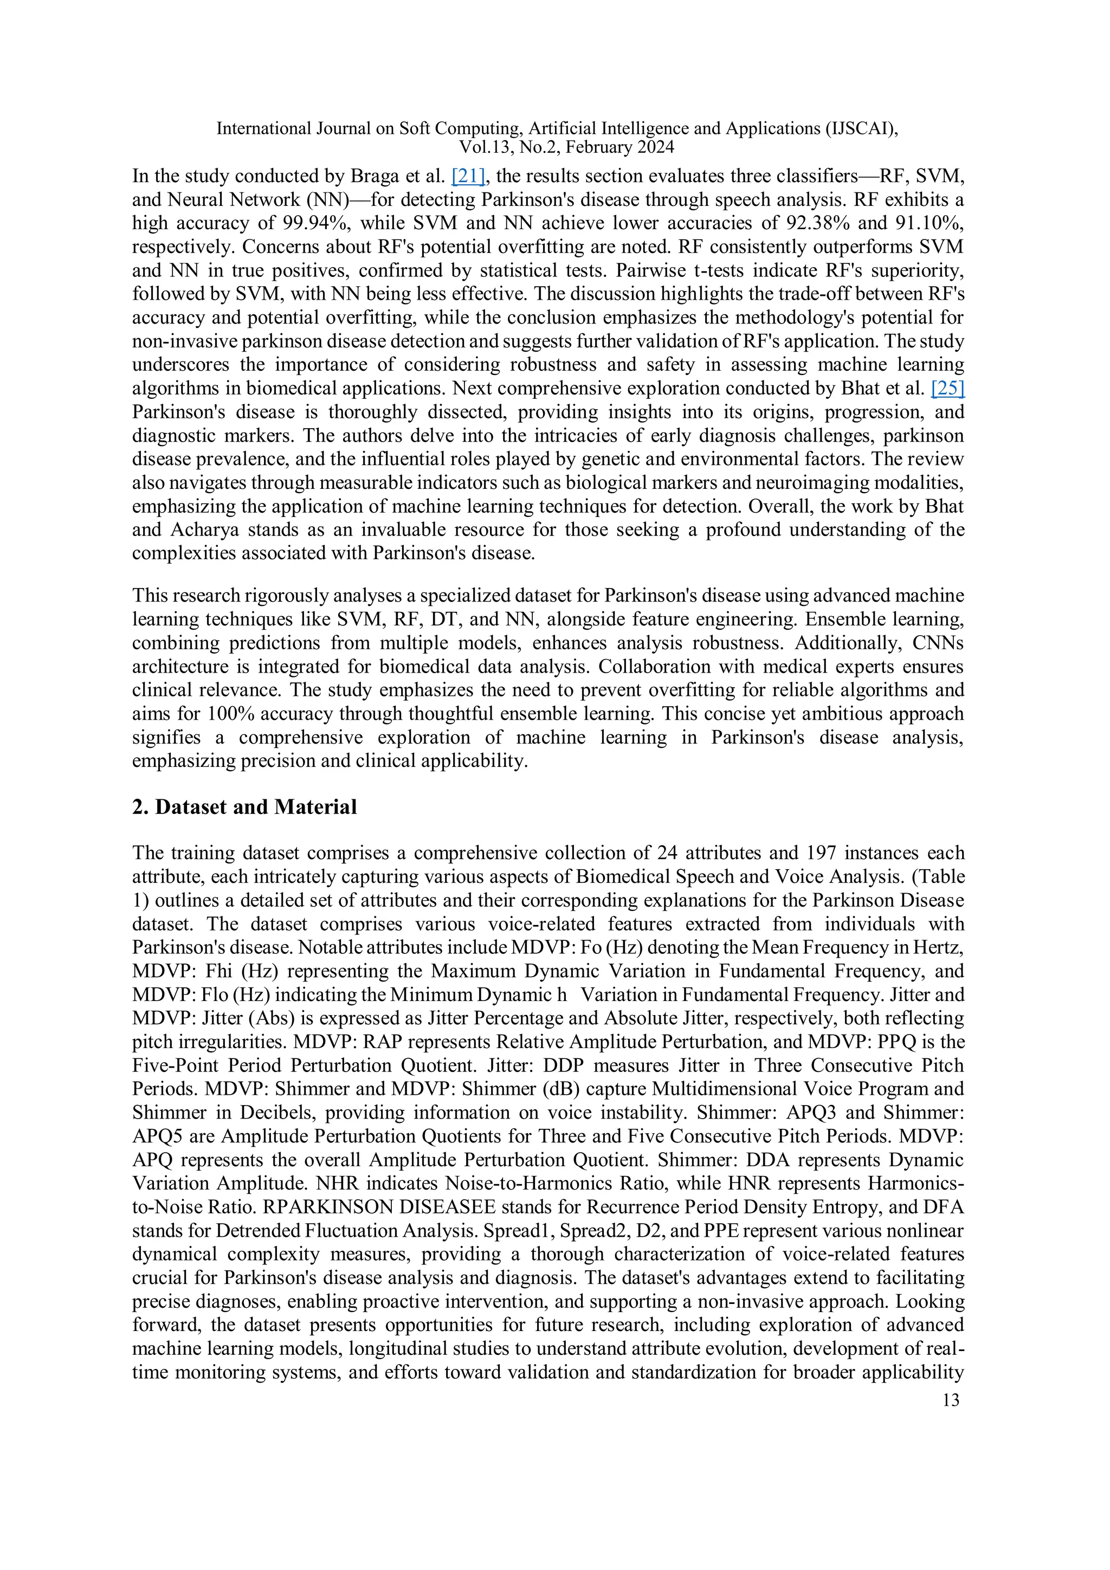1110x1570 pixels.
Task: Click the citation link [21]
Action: tap(468, 177)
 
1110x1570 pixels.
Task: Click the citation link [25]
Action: tap(947, 389)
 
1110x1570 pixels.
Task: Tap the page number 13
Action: tap(951, 1400)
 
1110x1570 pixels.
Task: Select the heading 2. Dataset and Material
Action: tap(244, 807)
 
